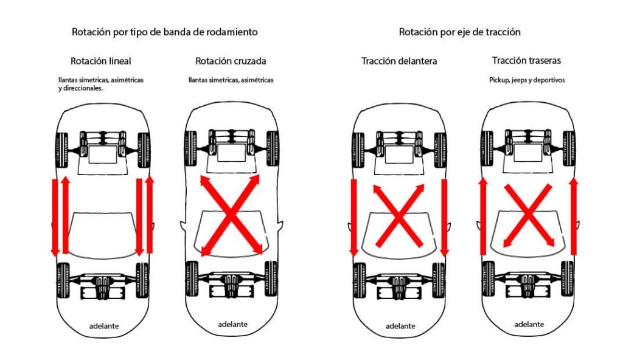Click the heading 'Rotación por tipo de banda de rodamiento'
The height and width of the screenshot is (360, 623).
164,32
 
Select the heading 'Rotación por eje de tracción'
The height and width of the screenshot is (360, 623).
459,32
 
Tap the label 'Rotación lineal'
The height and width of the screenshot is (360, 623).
100,61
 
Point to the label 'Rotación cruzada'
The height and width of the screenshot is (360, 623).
231,61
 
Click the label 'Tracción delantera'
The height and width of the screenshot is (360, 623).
399,61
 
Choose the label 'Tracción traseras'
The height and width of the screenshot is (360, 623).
526,61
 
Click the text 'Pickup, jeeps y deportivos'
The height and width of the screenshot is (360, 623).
527,80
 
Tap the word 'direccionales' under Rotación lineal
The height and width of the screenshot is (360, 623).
83,88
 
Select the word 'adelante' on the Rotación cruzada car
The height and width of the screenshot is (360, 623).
232,324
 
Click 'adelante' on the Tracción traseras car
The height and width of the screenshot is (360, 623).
529,324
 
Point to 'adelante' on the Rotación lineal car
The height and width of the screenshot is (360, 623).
103,326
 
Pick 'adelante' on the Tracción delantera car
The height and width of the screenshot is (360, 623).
399,326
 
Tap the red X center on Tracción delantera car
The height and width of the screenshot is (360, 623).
399,215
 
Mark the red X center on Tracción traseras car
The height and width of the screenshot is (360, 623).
528,215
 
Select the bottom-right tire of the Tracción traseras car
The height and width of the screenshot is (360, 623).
566,279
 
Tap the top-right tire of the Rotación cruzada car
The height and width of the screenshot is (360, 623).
271,148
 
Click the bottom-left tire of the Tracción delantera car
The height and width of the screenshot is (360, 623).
358,280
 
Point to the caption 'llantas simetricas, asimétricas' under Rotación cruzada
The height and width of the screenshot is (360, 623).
231,80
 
